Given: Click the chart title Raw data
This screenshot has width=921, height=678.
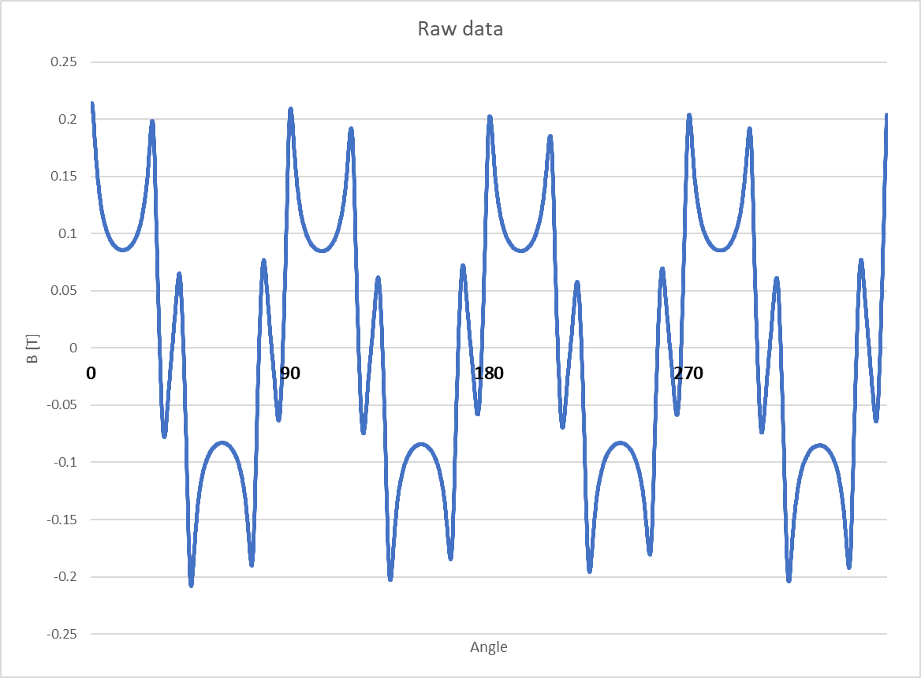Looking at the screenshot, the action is click(x=460, y=28).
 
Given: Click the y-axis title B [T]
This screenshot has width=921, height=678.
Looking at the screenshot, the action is click(x=33, y=348).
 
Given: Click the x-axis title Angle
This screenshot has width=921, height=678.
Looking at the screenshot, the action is click(x=489, y=647).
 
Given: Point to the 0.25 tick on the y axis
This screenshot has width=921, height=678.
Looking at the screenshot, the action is click(x=63, y=61).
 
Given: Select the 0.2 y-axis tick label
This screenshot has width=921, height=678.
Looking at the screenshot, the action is click(x=68, y=119).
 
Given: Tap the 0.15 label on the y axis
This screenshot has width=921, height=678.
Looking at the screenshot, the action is click(x=63, y=176).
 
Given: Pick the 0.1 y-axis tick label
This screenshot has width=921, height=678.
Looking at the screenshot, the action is click(x=68, y=233).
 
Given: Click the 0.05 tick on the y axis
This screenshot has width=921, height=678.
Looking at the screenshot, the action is click(x=63, y=291).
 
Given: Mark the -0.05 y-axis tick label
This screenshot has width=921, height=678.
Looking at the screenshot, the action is click(x=62, y=405).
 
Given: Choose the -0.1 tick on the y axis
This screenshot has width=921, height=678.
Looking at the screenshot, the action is click(x=65, y=462).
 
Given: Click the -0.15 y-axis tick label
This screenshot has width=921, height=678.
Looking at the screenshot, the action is click(x=62, y=520).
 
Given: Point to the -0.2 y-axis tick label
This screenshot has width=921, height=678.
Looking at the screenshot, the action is click(x=65, y=576).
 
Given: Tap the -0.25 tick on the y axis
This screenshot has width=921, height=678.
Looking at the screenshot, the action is click(x=62, y=634).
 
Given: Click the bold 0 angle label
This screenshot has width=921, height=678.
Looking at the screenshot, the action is click(x=91, y=373).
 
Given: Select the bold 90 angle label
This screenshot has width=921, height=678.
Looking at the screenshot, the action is click(x=290, y=373).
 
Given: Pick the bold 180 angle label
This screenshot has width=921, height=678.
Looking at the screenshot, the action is click(x=489, y=373).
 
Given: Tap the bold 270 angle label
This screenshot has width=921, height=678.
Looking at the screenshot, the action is click(x=688, y=373).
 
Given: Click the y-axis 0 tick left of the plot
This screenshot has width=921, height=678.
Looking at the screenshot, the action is click(x=73, y=348).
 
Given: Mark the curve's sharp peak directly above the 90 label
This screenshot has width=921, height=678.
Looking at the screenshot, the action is click(x=290, y=110).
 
